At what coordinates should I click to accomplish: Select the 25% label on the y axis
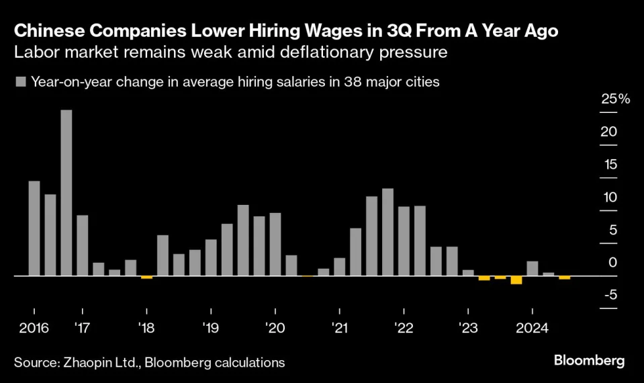(x=616, y=99)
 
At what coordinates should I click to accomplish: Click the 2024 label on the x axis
(x=532, y=329)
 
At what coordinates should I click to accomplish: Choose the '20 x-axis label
(x=275, y=329)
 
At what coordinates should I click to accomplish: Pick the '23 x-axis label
(x=467, y=329)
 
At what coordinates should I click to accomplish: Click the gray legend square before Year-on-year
(x=20, y=83)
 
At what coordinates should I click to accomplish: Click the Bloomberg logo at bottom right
(x=589, y=361)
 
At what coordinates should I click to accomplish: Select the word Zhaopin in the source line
(x=93, y=363)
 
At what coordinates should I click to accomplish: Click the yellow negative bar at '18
(x=146, y=277)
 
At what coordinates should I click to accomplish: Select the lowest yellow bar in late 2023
(x=516, y=280)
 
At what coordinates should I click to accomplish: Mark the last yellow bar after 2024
(x=564, y=278)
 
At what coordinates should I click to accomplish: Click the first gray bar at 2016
(x=34, y=228)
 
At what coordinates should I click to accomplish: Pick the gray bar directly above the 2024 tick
(x=532, y=268)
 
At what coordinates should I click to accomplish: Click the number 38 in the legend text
(x=356, y=83)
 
